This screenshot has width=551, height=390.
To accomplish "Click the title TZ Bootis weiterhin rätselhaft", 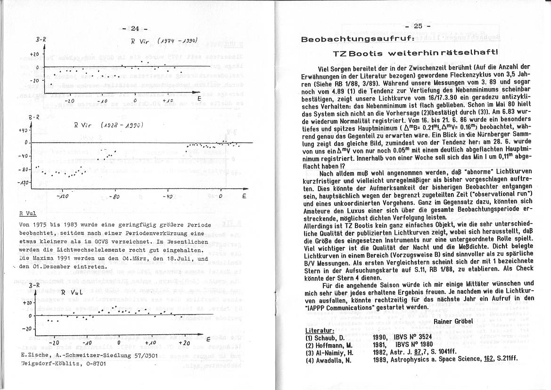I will coord(415,53).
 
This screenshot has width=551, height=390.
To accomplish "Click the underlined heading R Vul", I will coord(25,213).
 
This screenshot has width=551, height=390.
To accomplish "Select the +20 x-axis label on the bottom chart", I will coord(184,343).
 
